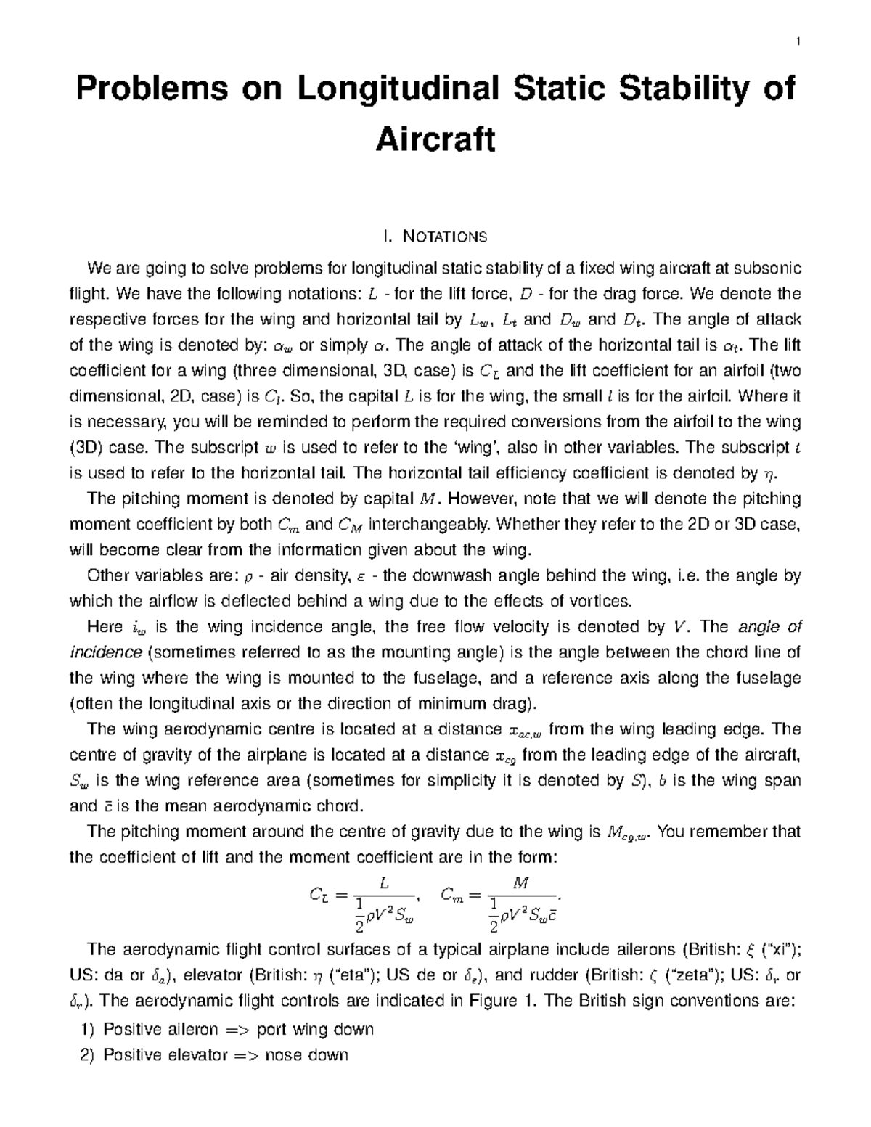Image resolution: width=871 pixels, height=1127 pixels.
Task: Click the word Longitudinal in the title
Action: point(372,89)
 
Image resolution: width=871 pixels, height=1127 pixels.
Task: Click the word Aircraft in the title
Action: point(435,139)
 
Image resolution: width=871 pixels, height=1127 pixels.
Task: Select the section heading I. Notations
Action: point(435,237)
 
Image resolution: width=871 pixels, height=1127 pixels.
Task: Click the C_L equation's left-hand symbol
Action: point(319,896)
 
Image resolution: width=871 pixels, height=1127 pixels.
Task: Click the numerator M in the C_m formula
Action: point(520,884)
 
